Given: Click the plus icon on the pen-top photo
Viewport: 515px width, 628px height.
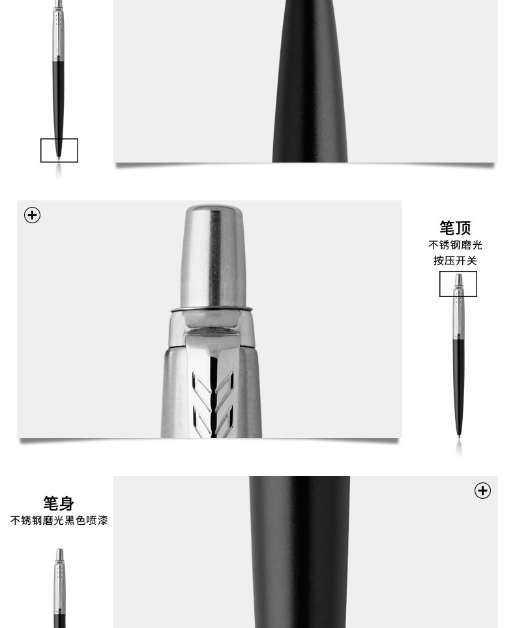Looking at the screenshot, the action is pos(33,215).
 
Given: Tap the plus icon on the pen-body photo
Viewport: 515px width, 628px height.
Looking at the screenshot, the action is pos(482,491).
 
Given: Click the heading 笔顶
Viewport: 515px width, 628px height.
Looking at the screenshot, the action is pos(455,228).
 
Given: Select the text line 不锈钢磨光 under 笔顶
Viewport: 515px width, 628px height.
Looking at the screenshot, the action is pos(455,245).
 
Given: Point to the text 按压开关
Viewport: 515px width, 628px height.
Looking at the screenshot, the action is pos(455,260).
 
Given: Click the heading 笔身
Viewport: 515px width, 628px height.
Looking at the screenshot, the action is pos(59,503).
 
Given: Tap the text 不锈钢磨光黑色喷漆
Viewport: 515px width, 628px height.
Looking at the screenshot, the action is pos(59,521).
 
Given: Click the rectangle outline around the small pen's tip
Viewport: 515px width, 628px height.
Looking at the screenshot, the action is pos(59,139).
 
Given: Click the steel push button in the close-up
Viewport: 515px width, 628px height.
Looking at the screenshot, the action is pos(212,257).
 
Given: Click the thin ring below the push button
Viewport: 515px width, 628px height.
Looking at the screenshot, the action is pos(212,309).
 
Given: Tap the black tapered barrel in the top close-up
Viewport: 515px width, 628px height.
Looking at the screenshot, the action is pos(310,81).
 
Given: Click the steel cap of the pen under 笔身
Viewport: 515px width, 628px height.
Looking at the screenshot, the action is pos(59,585).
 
